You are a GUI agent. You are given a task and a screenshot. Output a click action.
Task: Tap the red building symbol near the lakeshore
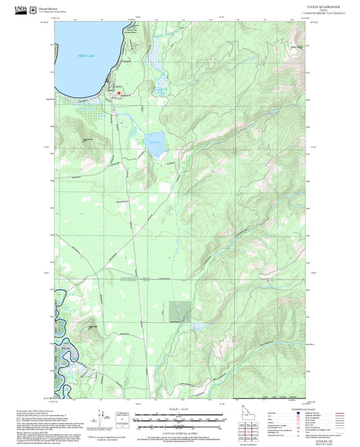pos(120,93)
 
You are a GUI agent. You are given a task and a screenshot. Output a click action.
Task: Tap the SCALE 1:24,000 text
pos(179,407)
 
